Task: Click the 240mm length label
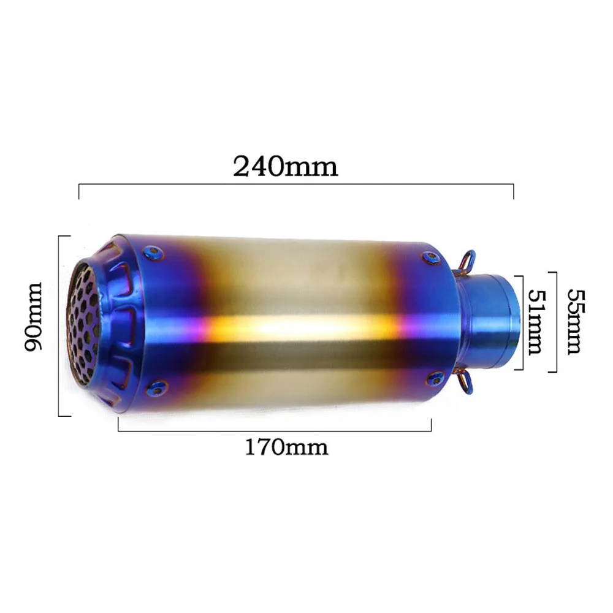point(286,166)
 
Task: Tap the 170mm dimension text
point(287,447)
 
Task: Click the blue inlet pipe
point(490,322)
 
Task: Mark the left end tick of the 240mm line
point(79,191)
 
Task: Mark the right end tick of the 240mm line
point(513,191)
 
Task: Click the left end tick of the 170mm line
point(118,425)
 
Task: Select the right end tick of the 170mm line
point(432,425)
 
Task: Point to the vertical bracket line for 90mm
point(59,326)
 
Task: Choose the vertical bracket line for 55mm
point(556,322)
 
